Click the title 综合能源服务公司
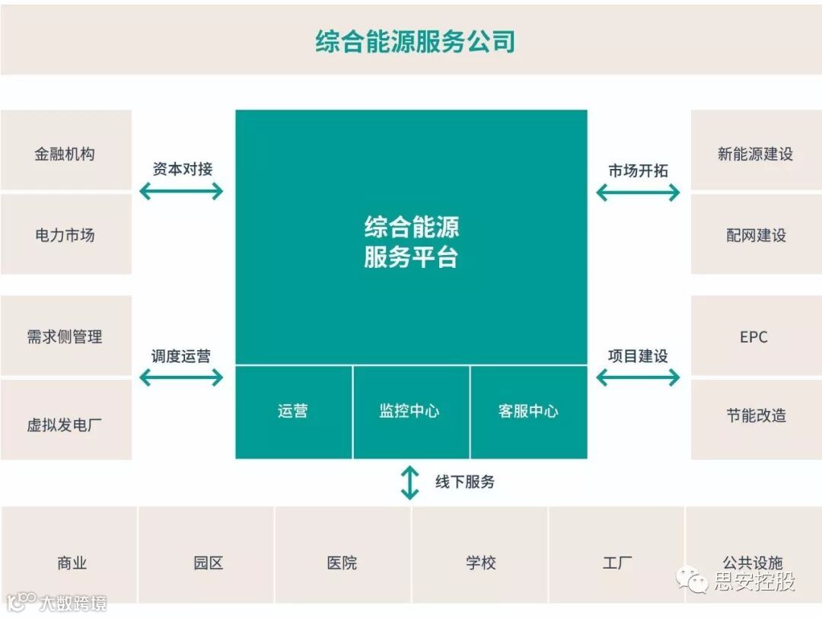[415, 41]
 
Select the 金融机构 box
[65, 153]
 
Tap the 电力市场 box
[65, 235]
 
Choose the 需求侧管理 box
[65, 336]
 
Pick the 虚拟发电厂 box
[65, 424]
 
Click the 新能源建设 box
[755, 154]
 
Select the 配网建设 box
[755, 235]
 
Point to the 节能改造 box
[755, 416]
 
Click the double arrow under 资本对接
[181, 191]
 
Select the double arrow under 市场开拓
[638, 193]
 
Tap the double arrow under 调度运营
[181, 377]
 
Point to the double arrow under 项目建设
[638, 377]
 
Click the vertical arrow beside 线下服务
[410, 483]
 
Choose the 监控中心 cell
[410, 412]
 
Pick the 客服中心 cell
[528, 412]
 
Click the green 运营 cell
[293, 412]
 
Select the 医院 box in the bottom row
[342, 563]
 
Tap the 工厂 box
[616, 563]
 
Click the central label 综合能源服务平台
[411, 242]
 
